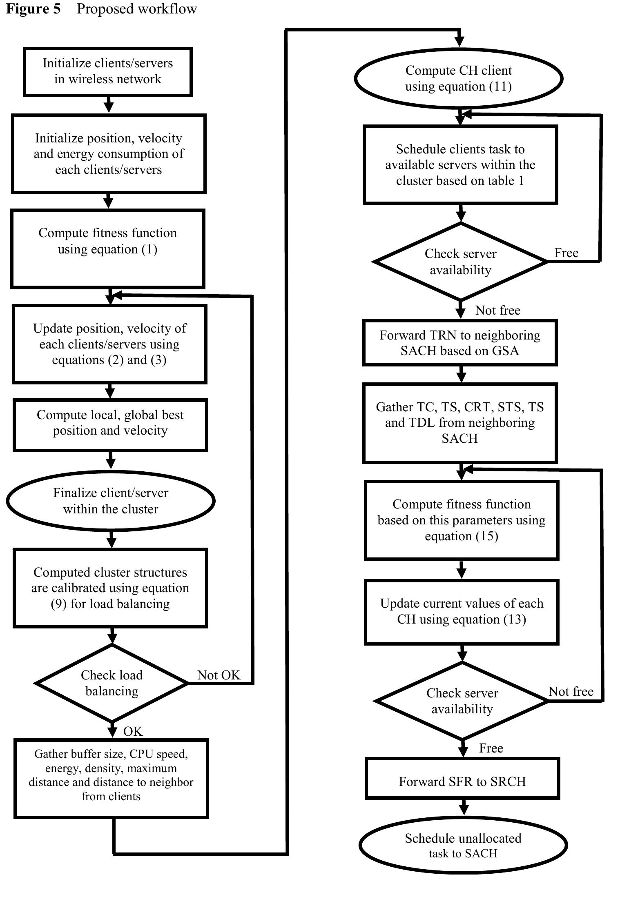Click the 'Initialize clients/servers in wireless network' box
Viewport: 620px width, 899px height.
(x=108, y=72)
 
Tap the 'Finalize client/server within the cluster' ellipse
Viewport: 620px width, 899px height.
(x=111, y=501)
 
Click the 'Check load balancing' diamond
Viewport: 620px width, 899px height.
(x=112, y=683)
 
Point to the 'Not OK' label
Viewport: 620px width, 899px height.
(x=219, y=675)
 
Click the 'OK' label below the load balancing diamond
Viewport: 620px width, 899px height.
(x=133, y=731)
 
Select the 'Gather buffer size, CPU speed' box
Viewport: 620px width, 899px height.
(x=111, y=778)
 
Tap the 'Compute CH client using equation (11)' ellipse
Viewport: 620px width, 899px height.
(x=458, y=78)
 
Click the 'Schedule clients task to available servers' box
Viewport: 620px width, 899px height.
(x=460, y=164)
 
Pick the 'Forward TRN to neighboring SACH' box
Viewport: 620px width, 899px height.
(x=460, y=342)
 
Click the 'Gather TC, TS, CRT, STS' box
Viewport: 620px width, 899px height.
(x=460, y=422)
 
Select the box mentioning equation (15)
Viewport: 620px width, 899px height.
(x=462, y=520)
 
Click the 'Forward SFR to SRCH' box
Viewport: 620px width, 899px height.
(x=462, y=781)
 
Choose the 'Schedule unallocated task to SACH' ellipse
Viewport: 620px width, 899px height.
(x=463, y=845)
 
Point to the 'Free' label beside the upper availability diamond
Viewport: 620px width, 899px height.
(x=566, y=253)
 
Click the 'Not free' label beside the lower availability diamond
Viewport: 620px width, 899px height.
(x=571, y=691)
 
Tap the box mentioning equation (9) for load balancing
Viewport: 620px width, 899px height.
(x=110, y=588)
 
